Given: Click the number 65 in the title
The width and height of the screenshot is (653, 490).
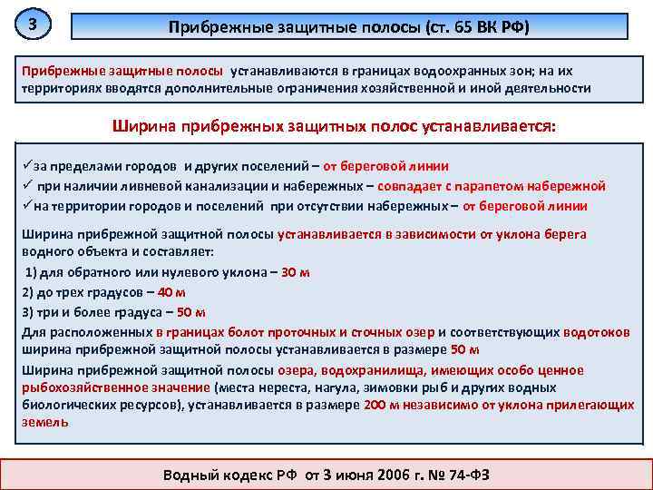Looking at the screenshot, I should [460, 27].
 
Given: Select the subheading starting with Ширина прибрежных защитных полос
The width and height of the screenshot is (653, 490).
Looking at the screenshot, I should [335, 127].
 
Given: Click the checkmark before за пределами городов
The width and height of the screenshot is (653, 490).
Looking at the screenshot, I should [26, 167].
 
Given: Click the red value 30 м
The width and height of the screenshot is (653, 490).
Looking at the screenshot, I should [296, 272].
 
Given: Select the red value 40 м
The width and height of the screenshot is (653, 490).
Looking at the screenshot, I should [171, 292].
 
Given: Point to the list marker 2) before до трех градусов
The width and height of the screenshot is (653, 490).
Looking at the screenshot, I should [27, 292].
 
